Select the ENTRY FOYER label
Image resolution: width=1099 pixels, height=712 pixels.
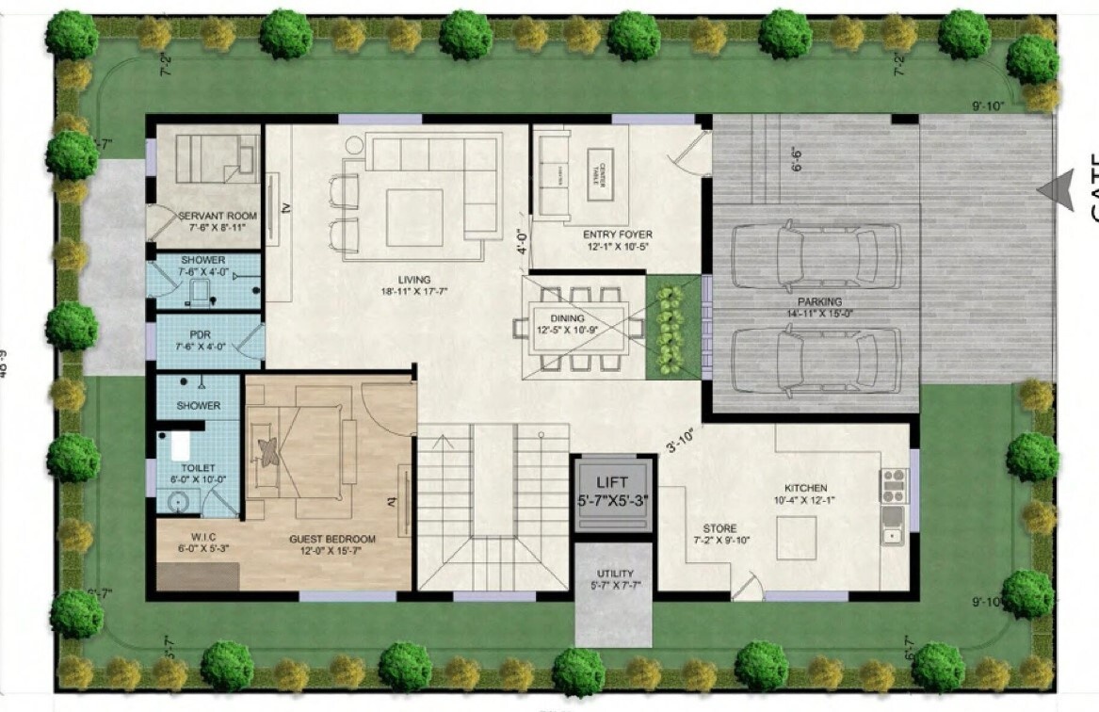point(617,235)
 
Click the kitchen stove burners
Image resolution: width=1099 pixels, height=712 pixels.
point(894,483)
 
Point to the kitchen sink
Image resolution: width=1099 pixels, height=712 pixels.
point(892,535)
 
